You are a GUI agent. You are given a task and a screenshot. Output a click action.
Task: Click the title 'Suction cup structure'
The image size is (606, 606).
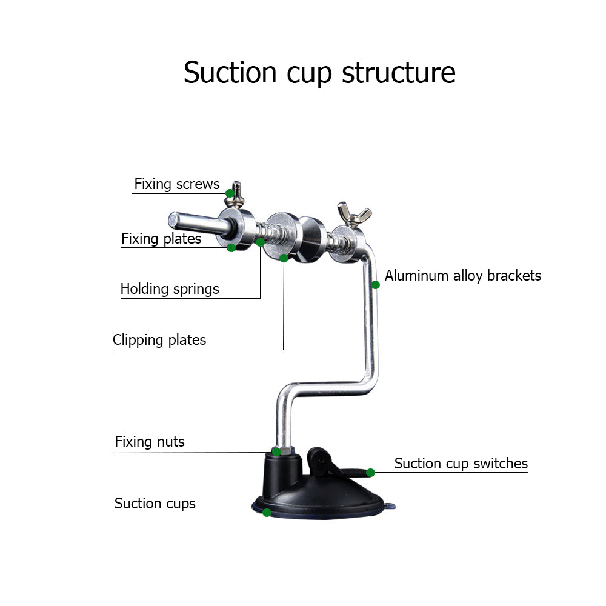(x=319, y=72)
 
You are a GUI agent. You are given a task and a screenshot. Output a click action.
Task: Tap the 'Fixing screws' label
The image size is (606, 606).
(x=176, y=184)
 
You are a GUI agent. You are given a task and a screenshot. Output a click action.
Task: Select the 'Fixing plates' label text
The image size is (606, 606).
(x=161, y=239)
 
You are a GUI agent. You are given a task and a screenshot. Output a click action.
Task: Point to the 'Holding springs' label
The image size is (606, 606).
(x=170, y=289)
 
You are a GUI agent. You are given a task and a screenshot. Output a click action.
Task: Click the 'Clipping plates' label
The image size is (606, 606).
(x=159, y=340)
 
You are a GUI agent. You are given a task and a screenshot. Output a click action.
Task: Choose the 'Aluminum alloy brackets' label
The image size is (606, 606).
(x=463, y=276)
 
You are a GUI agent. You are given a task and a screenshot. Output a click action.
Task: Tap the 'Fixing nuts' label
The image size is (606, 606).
(x=150, y=442)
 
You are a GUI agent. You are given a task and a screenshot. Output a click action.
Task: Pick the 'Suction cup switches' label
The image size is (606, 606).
(x=461, y=464)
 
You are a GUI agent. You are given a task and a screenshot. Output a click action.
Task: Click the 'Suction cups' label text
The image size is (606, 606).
(x=155, y=504)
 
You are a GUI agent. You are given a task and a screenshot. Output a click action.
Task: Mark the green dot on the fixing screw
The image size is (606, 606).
(x=230, y=193)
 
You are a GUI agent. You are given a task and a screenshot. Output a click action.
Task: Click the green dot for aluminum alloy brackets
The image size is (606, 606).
(x=376, y=284)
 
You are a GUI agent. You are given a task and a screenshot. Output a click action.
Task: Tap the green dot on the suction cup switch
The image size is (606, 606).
(x=370, y=473)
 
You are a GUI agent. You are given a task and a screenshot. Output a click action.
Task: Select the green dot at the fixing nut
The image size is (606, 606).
(x=276, y=451)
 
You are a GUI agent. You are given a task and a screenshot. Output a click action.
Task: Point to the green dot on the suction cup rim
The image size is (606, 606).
(x=267, y=513)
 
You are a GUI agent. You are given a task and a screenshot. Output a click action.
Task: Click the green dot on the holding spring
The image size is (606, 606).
(x=260, y=242)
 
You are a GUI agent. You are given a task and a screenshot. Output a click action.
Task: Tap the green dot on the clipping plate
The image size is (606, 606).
(x=284, y=258)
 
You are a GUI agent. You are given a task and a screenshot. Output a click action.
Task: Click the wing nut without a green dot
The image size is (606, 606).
(x=355, y=213)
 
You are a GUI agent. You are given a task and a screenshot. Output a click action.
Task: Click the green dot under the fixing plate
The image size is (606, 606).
(x=231, y=247)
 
